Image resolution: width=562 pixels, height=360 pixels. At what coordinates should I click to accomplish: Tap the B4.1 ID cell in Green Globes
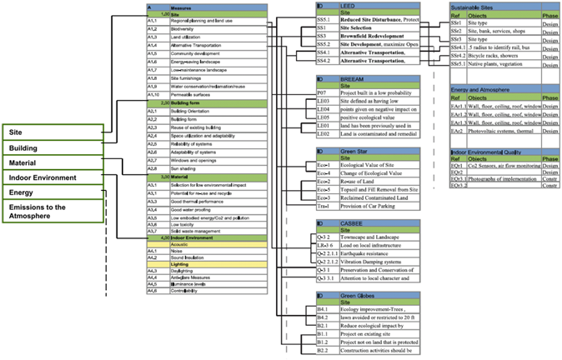325,309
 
